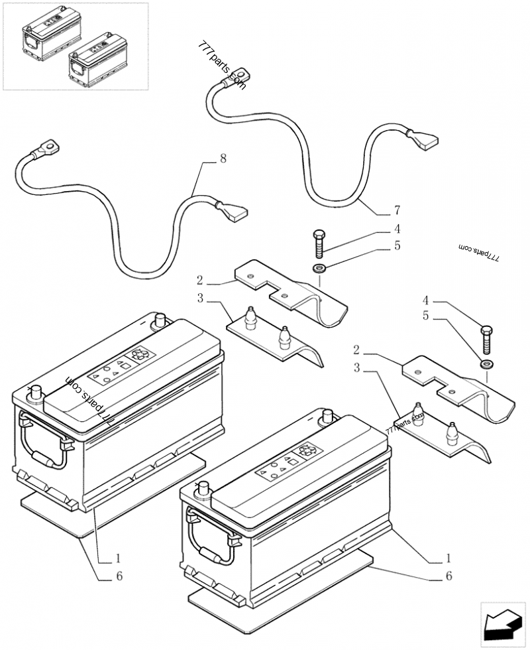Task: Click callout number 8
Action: [223, 159]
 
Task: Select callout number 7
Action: [397, 211]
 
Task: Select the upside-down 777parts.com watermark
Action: [481, 253]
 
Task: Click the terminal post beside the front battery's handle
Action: [201, 491]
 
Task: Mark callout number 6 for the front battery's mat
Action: [449, 576]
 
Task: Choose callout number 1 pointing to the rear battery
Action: [118, 558]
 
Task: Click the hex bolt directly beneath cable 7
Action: [317, 245]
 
